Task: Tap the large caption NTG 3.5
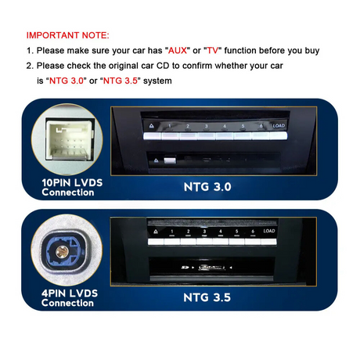(x=205, y=297)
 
